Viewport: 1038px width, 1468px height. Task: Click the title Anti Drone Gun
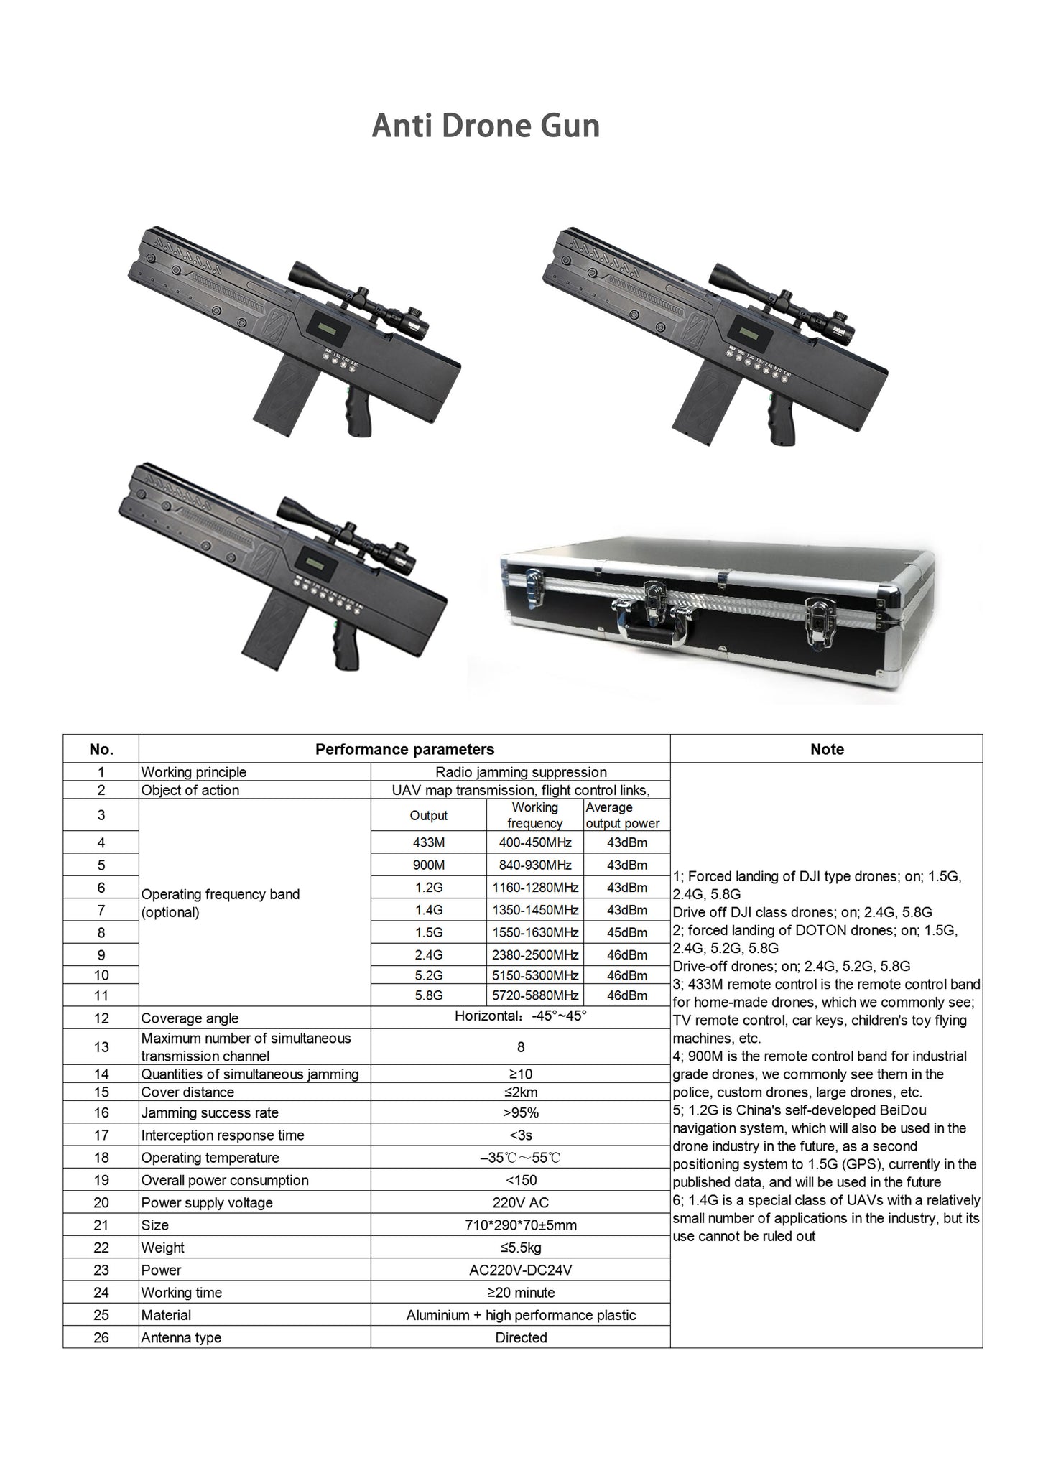[x=486, y=126]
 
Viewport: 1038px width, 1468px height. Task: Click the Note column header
[x=826, y=749]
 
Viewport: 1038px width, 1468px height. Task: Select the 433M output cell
[x=428, y=842]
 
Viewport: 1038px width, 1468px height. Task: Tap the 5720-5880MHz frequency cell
[x=534, y=995]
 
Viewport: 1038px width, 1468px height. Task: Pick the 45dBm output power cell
[x=626, y=932]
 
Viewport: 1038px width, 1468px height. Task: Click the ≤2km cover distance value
[x=521, y=1092]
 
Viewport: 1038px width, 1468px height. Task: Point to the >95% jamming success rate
[x=521, y=1112]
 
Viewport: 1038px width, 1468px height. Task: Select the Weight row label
[x=163, y=1248]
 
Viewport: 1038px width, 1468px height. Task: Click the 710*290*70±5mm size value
[x=521, y=1225]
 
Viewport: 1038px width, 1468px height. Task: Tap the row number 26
[x=101, y=1337]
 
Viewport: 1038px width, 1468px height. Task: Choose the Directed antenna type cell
[x=521, y=1337]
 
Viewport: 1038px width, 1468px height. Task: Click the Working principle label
[x=194, y=772]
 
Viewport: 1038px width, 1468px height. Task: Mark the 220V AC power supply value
[x=521, y=1202]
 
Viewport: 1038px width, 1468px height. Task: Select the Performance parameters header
[x=404, y=749]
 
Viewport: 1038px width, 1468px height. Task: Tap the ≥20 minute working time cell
[x=521, y=1292]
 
